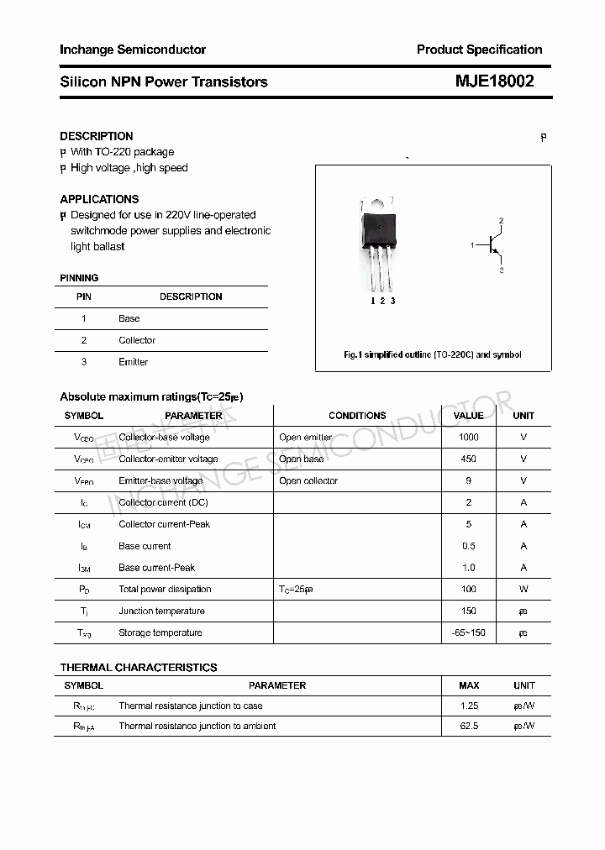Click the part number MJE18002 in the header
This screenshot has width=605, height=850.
[x=494, y=81]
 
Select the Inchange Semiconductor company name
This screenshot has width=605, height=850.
[x=133, y=50]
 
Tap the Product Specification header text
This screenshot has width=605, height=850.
[x=479, y=50]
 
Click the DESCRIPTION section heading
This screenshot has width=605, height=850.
[x=97, y=136]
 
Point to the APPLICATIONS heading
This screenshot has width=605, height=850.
[x=99, y=199]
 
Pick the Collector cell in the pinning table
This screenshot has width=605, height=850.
[x=137, y=340]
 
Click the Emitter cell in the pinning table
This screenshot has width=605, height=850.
[x=133, y=362]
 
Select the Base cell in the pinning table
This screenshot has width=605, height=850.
[x=129, y=318]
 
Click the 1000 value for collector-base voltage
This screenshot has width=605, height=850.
[x=468, y=438]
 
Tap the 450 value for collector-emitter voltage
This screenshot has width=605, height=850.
[x=468, y=459]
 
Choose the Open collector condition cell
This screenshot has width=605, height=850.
[x=308, y=481]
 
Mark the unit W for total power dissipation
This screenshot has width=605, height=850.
[x=523, y=590]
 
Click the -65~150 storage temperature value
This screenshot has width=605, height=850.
[x=468, y=633]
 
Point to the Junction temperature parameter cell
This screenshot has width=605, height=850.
[x=161, y=611]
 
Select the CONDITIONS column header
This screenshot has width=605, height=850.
[x=357, y=416]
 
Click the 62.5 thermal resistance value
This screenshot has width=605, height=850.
[x=469, y=726]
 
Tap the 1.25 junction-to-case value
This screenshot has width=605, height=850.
[x=469, y=706]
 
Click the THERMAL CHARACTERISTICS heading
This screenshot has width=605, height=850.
[x=139, y=668]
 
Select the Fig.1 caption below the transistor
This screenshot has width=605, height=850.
[x=433, y=354]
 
